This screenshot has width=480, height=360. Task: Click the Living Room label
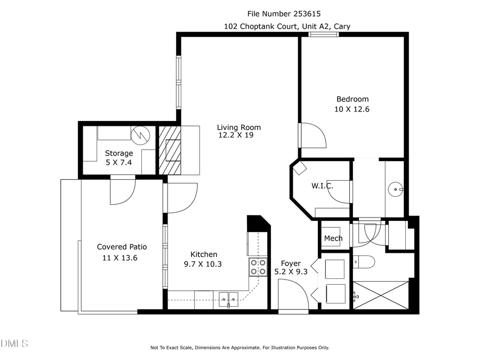[238, 127]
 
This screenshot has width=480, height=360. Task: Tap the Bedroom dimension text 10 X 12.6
[352, 109]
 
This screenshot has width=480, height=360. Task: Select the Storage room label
[118, 153]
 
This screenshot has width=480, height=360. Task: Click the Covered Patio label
[122, 247]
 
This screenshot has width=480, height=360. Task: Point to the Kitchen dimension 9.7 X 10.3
[204, 263]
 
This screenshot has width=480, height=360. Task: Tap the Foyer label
[291, 263]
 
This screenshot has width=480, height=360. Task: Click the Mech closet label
[333, 238]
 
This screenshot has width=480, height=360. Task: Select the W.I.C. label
[322, 186]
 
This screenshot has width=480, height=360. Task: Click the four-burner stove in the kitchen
[258, 267]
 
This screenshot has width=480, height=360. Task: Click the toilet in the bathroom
[365, 262]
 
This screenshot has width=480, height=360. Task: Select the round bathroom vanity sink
[395, 188]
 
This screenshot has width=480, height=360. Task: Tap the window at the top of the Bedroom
[323, 35]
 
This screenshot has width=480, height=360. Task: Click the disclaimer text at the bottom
[239, 348]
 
